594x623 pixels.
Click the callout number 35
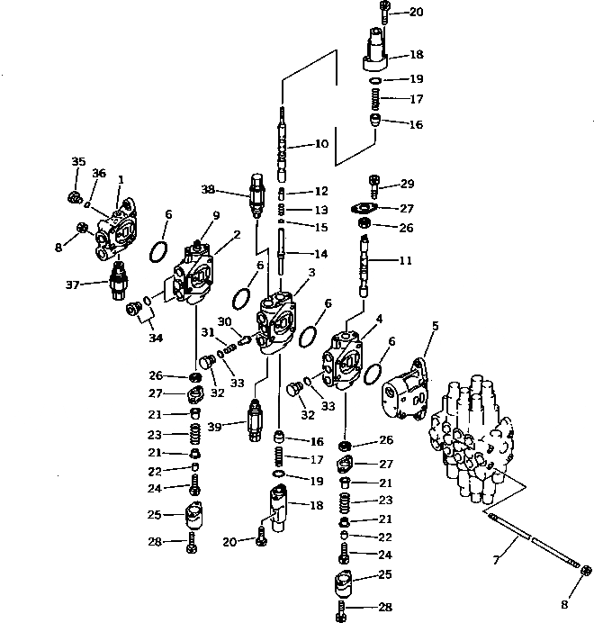pyautogui.click(x=78, y=161)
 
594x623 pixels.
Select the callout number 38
pyautogui.click(x=209, y=190)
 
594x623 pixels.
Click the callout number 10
pyautogui.click(x=321, y=143)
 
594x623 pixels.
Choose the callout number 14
pyautogui.click(x=321, y=254)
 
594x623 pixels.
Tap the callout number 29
pyautogui.click(x=408, y=184)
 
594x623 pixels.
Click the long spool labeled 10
pyautogui.click(x=283, y=144)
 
